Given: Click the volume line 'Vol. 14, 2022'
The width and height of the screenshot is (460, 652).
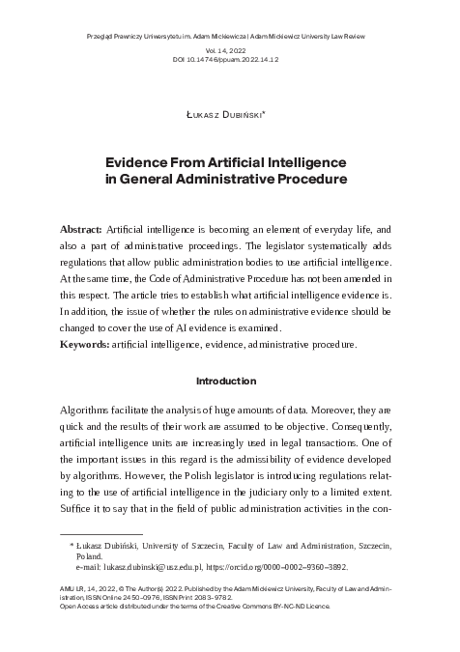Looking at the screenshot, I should click(x=229, y=47).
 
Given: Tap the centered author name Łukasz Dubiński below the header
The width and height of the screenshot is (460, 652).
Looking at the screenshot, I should click(x=229, y=115).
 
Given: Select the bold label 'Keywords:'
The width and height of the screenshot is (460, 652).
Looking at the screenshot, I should click(x=83, y=344).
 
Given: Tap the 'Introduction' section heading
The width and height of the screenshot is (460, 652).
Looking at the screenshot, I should click(x=229, y=381).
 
